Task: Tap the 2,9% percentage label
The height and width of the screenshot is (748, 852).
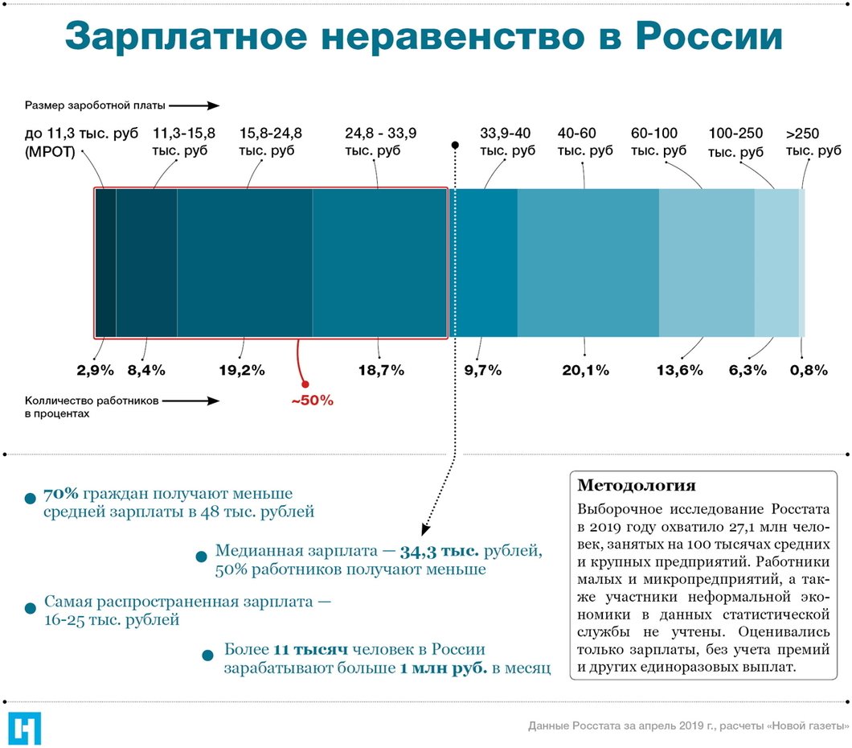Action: (x=96, y=370)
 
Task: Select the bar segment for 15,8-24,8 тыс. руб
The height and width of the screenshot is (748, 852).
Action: (x=244, y=262)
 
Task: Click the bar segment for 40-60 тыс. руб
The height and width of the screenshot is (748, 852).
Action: (x=588, y=262)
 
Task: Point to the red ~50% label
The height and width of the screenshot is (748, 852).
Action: (x=312, y=400)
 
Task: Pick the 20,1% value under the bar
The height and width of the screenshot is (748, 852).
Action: (x=585, y=370)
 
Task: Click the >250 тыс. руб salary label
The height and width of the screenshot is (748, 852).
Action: (x=813, y=142)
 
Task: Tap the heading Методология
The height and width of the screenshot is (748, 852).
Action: (x=637, y=486)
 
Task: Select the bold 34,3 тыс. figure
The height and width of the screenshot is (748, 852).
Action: (x=440, y=552)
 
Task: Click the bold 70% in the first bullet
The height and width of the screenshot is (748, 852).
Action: (x=59, y=493)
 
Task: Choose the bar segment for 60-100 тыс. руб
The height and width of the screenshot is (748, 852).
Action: (x=707, y=262)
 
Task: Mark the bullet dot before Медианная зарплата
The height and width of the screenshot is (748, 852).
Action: (x=201, y=556)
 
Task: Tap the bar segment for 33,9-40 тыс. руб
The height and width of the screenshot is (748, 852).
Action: (x=485, y=262)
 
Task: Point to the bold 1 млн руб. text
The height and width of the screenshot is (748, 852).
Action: (x=443, y=668)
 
